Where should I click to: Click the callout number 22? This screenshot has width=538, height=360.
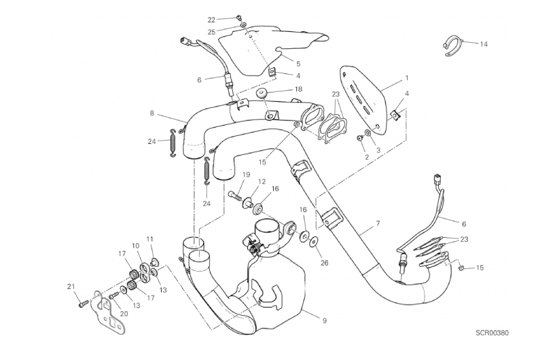point(211,20)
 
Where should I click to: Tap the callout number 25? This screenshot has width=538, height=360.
point(211,32)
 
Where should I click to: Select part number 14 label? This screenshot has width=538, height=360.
point(483,45)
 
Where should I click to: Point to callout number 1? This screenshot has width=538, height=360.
point(406,78)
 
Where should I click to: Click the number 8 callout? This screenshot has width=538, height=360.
point(152,114)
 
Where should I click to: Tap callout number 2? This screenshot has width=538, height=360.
point(367,157)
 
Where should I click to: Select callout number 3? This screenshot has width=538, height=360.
point(379,149)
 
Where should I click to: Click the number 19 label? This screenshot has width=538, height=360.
point(246,175)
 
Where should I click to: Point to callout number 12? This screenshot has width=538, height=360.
point(262,181)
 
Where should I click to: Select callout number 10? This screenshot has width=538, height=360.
point(135,246)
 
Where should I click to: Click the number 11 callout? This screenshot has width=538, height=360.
point(150,239)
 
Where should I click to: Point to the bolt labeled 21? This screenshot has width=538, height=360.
point(82,305)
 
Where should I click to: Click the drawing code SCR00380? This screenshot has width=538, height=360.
point(493,334)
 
